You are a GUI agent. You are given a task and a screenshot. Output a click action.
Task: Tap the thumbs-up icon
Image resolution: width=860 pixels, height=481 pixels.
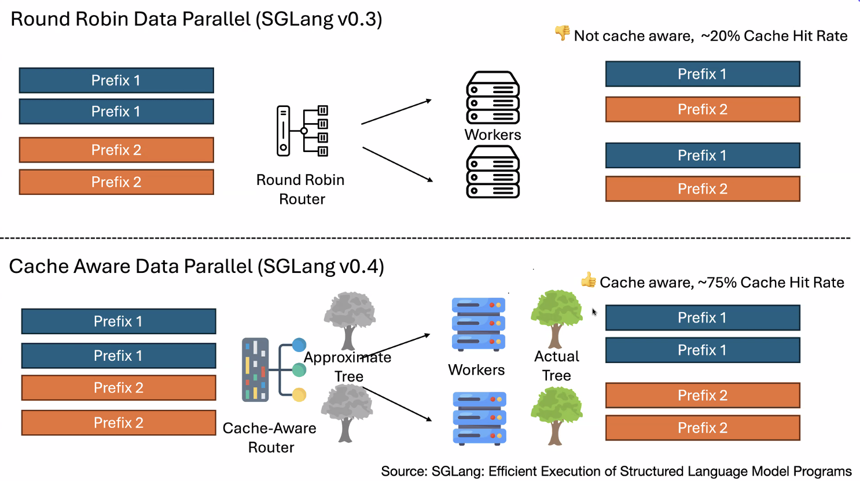point(589,280)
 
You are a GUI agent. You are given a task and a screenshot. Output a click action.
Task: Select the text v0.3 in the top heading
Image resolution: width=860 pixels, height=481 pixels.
point(359,19)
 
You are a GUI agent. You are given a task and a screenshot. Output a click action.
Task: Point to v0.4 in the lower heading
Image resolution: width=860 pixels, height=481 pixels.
point(361,267)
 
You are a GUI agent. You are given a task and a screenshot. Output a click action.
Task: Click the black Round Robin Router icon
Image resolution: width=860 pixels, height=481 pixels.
point(302,131)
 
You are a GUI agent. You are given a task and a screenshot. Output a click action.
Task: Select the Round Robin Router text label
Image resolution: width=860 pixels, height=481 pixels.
point(301,189)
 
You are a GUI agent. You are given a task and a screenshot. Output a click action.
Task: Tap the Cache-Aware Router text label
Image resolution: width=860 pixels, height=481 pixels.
point(270,438)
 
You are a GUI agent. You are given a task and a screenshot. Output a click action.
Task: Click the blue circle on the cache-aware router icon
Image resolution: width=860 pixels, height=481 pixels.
point(299,345)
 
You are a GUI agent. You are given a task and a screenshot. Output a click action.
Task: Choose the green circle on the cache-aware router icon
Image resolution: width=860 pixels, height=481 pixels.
point(299,370)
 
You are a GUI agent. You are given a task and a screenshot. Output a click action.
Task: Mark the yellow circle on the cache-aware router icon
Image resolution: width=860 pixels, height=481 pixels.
point(299,395)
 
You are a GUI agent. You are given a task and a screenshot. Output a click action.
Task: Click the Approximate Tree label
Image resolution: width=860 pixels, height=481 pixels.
point(348,367)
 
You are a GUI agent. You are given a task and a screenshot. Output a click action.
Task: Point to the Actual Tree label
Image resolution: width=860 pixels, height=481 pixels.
point(557,365)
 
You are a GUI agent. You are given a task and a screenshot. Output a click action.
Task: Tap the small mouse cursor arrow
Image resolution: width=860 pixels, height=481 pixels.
point(594,312)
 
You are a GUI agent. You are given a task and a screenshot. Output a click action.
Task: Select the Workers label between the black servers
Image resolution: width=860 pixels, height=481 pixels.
point(493,135)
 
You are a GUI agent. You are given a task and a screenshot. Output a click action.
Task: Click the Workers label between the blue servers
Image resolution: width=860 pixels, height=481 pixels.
point(476,370)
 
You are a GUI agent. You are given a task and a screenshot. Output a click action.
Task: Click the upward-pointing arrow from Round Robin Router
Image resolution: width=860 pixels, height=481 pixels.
point(396,112)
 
